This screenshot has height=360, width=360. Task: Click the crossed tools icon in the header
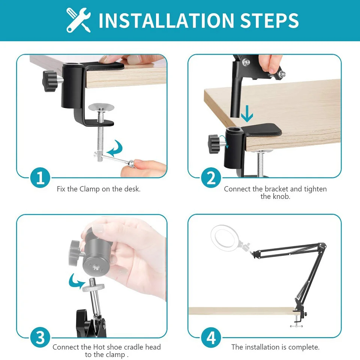click(78, 20)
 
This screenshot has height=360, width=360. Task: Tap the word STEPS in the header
click(269, 20)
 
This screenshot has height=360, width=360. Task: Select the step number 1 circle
click(40, 178)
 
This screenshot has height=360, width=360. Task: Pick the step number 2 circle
click(211, 178)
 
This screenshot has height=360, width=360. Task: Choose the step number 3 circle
click(40, 337)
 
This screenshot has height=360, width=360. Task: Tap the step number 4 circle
click(211, 337)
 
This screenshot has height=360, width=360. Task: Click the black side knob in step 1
click(50, 81)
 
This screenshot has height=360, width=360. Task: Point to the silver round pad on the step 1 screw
click(101, 107)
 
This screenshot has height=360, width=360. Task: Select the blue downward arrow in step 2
click(247, 114)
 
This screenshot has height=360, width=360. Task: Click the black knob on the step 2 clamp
click(214, 144)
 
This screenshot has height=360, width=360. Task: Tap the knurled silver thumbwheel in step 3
click(93, 288)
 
